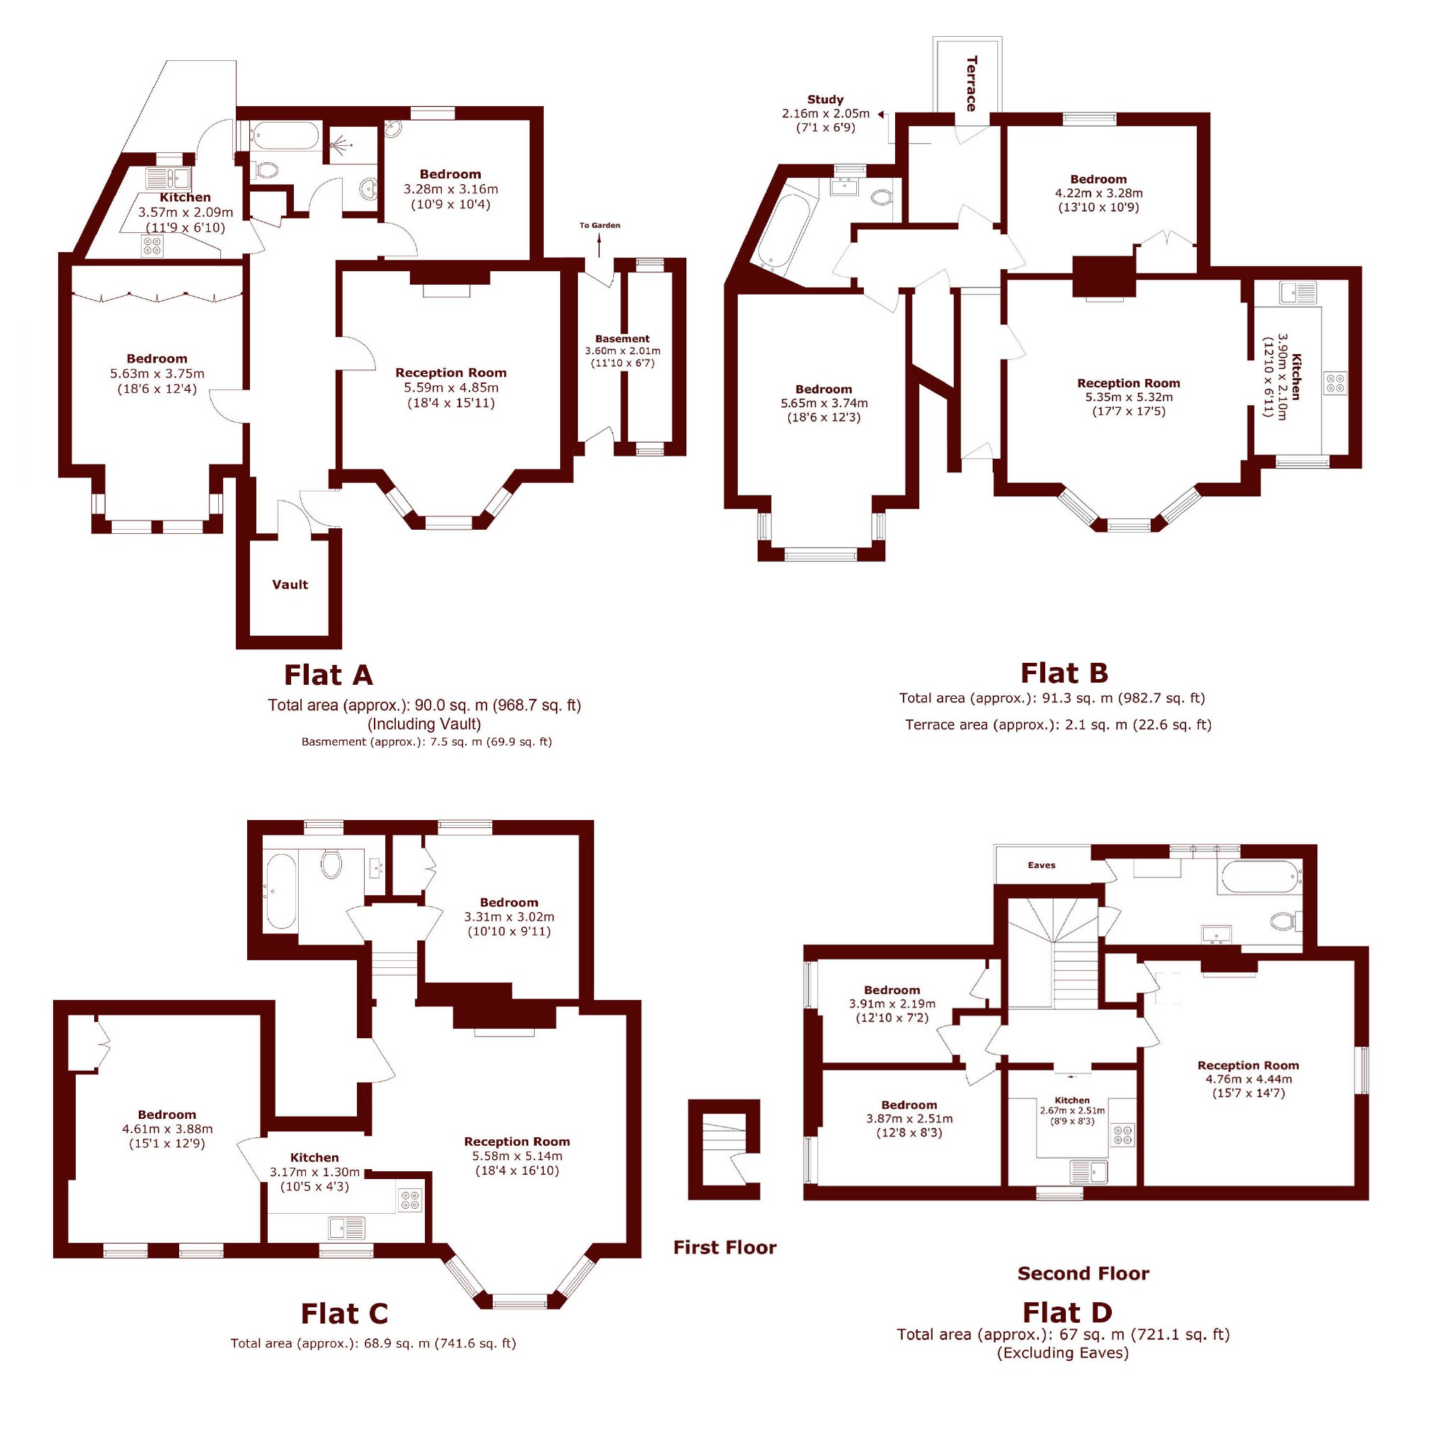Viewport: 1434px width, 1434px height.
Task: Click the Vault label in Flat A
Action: pos(290,584)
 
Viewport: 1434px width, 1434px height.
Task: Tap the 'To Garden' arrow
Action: pos(600,244)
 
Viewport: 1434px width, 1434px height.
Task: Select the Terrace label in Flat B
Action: pos(972,83)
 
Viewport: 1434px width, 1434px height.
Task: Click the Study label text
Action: pos(826,99)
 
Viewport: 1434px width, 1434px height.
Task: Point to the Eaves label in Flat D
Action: pos(1042,865)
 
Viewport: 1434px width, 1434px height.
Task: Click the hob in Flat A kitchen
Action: pos(152,246)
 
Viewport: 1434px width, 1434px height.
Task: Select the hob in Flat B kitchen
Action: pos(1336,384)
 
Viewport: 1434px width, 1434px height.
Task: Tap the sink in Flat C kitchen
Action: pos(346,1229)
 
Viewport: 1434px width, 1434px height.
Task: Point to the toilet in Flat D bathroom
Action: pos(1285,921)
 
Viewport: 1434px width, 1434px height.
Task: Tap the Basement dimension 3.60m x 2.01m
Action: pos(622,351)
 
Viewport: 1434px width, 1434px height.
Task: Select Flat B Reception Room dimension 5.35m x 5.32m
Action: pos(1128,397)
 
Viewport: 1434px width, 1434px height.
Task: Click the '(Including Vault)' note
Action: pos(425,724)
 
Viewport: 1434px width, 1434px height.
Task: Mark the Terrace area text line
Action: pos(1059,724)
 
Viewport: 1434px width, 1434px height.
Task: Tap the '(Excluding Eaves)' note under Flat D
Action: pos(1063,1353)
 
